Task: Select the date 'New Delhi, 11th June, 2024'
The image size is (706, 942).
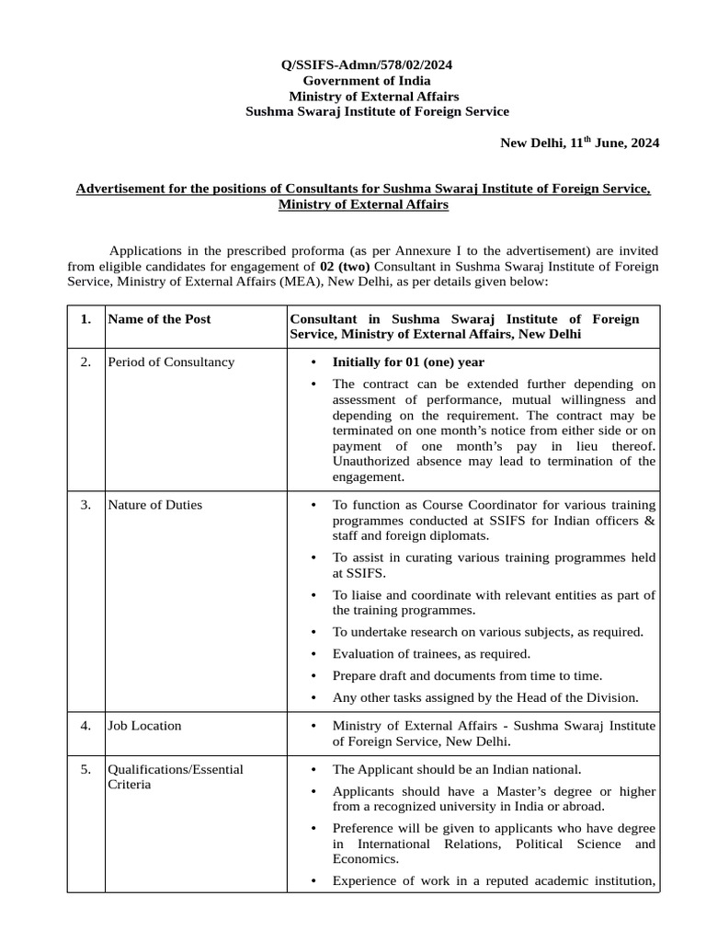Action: tap(579, 143)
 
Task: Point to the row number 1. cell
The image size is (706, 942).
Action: tap(85, 319)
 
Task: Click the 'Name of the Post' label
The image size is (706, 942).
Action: tap(160, 319)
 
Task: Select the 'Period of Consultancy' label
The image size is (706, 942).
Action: tap(171, 362)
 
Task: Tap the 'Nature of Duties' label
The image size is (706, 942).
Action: tap(155, 504)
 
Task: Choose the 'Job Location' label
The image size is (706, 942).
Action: tap(145, 725)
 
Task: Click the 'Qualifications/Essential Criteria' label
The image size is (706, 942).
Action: tap(176, 776)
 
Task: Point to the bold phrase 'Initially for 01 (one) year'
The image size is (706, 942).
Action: tap(408, 362)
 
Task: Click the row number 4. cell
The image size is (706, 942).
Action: tap(85, 725)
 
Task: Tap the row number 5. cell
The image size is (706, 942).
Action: tap(85, 769)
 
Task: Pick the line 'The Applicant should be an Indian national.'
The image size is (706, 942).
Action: tap(457, 769)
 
